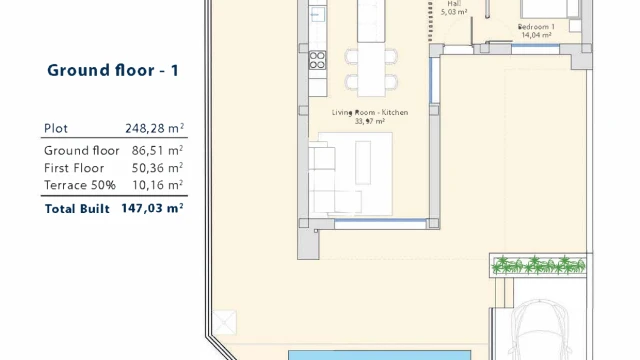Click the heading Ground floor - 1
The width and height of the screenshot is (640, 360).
113,70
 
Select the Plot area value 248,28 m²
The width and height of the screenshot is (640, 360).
155,128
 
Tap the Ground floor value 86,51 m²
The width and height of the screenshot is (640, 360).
157,150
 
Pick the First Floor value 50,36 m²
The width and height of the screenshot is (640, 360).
157,168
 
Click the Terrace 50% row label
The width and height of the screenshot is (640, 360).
80,185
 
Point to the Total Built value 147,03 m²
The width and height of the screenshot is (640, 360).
152,208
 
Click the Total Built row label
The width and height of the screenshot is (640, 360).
77,209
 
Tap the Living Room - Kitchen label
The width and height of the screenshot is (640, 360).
370,112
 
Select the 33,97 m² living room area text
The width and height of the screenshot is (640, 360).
370,121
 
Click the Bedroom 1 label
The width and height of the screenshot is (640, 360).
536,27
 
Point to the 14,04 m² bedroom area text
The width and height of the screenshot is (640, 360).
536,36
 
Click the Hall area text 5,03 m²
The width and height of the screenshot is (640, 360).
454,12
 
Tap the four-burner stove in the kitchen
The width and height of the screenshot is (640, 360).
317,60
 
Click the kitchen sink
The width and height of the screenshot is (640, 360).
317,15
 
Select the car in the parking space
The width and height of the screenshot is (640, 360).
540,330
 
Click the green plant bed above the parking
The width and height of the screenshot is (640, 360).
538,265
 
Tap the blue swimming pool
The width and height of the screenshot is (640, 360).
380,355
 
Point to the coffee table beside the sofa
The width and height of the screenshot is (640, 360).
363,163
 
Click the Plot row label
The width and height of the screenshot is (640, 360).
56,129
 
